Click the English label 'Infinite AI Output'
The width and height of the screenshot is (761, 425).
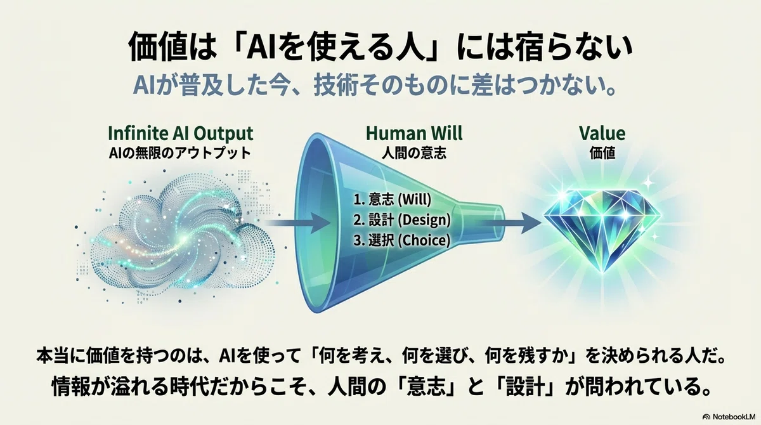(x=180, y=134)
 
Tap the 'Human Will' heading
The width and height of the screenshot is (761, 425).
(x=414, y=133)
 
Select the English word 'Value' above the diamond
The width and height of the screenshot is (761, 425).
(x=602, y=133)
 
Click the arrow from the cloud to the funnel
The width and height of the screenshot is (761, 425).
(x=297, y=223)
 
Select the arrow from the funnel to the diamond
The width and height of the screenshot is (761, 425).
(x=511, y=223)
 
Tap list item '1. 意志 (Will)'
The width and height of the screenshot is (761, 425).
(x=393, y=199)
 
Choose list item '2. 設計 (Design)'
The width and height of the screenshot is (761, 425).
(x=402, y=220)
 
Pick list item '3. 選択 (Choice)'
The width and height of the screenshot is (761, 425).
(x=401, y=240)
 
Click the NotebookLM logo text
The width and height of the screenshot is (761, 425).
(x=729, y=417)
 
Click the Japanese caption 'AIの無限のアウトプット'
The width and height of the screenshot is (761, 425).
(x=180, y=154)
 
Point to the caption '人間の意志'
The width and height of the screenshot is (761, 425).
(x=413, y=154)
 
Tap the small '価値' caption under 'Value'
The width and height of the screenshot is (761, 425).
(x=602, y=153)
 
